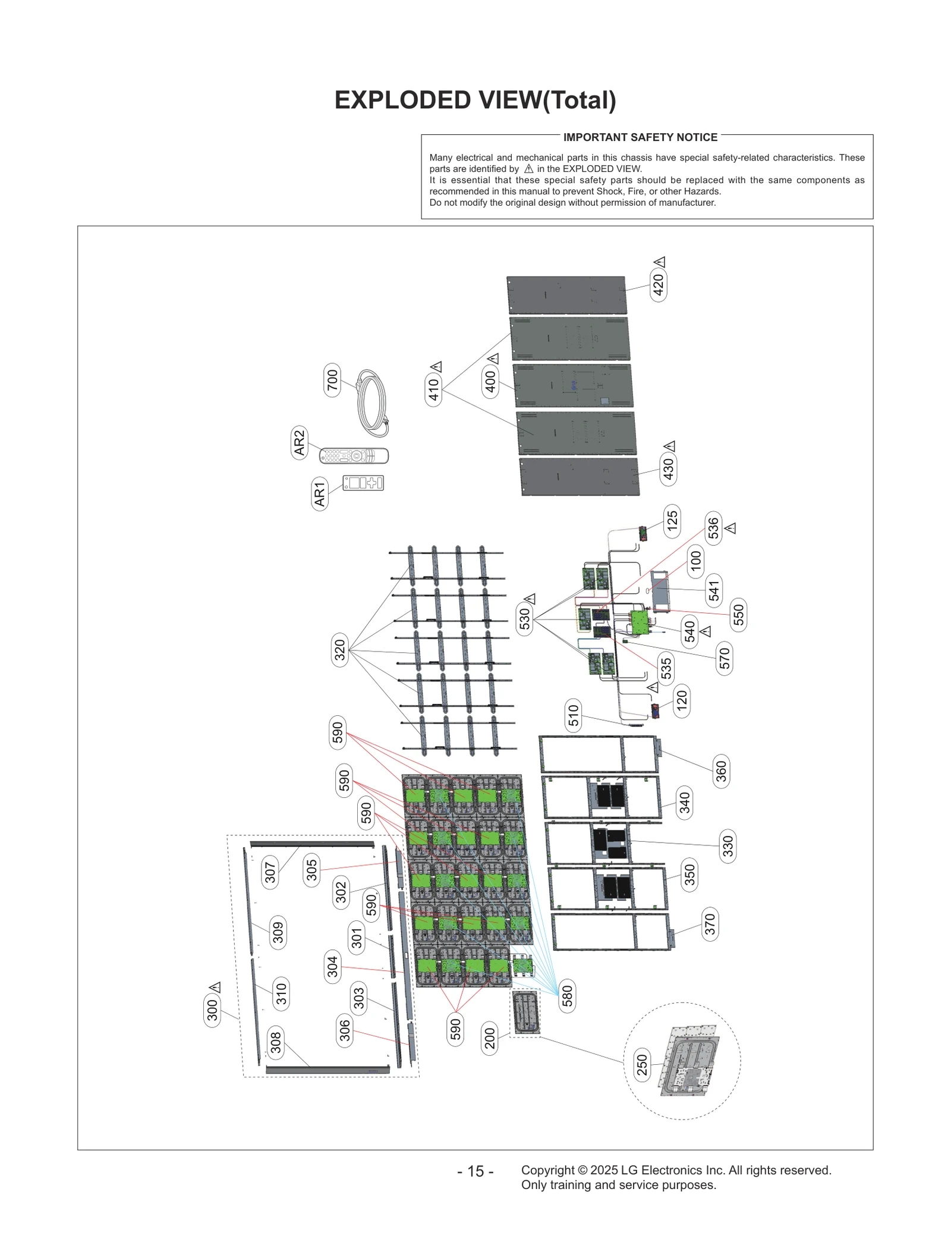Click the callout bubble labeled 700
[332, 380]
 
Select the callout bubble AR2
[299, 442]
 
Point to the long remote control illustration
[354, 456]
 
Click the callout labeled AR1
[320, 494]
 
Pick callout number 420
[658, 285]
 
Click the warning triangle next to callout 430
[669, 446]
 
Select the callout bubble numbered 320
[339, 650]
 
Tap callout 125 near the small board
[672, 521]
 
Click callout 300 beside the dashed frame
[212, 1010]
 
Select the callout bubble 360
[721, 772]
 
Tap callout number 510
[573, 715]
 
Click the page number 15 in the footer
[475, 1171]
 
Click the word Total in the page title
[578, 100]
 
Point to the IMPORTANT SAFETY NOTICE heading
[640, 137]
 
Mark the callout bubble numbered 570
[725, 658]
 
